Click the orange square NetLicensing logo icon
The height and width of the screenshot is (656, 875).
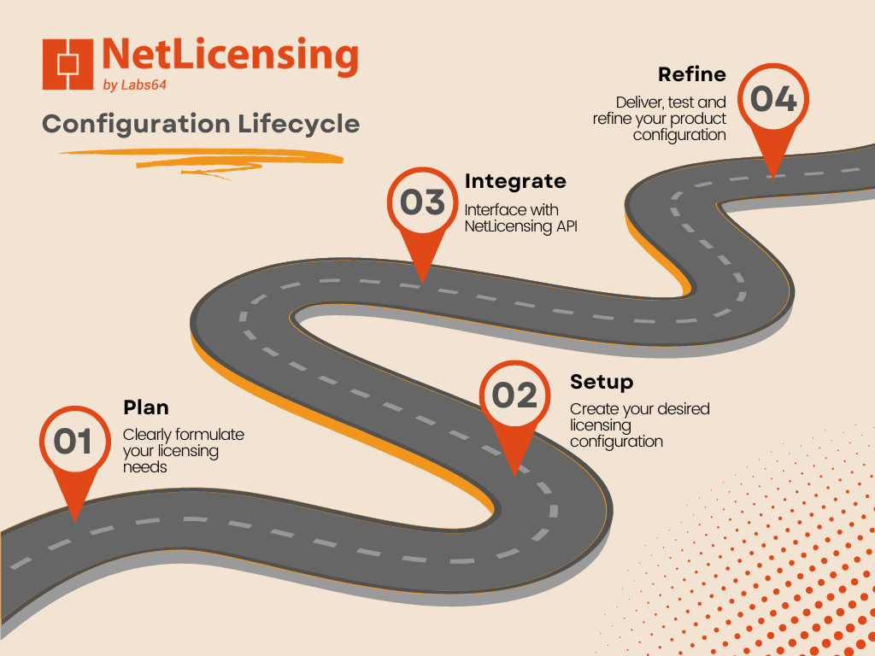68,64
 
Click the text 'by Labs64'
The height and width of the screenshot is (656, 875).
134,85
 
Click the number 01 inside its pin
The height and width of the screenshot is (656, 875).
73,442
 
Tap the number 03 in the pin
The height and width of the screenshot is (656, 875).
422,202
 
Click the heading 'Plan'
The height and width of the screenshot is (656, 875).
146,407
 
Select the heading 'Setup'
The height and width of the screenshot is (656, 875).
602,383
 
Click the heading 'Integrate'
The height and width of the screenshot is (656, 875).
515,182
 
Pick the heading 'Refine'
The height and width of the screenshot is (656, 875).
692,74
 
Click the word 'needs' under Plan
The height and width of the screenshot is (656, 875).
145,467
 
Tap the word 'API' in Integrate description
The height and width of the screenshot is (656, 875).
567,226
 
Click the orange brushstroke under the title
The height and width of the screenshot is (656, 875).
201,161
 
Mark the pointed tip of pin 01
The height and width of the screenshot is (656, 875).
75,522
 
